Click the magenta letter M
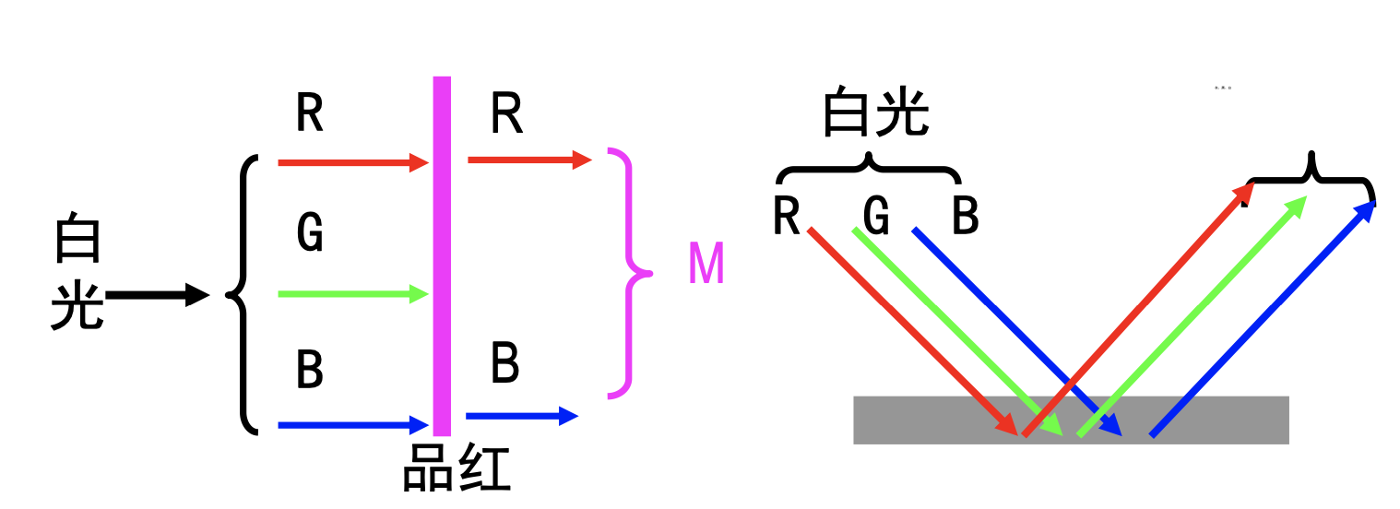click(x=706, y=265)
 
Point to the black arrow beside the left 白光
click(x=158, y=295)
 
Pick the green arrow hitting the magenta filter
click(x=353, y=294)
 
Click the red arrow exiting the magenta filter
click(x=528, y=160)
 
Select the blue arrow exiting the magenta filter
click(x=521, y=416)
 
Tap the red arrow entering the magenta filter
click(x=353, y=163)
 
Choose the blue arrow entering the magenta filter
click(x=353, y=425)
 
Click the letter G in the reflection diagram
click(x=876, y=218)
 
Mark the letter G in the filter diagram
click(x=310, y=232)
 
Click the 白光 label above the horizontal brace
click(x=875, y=113)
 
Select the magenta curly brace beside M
click(x=629, y=273)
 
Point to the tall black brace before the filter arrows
click(x=242, y=294)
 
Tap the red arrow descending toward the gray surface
click(x=913, y=332)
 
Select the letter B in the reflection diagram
click(x=965, y=218)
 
